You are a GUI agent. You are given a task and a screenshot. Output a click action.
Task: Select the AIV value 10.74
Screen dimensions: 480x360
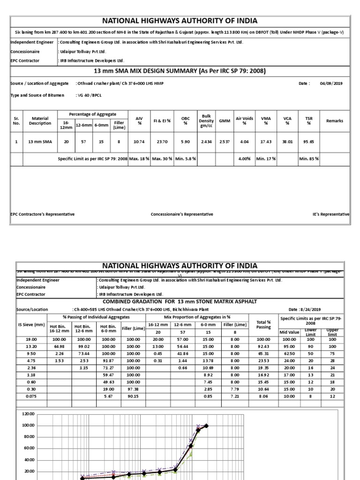[x=139, y=141]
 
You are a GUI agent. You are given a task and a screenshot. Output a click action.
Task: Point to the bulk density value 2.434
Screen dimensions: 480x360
[x=206, y=141]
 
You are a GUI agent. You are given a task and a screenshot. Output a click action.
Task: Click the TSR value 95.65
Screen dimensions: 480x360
[x=309, y=141]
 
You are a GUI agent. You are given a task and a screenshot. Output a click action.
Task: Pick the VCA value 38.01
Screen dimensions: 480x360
[x=287, y=141]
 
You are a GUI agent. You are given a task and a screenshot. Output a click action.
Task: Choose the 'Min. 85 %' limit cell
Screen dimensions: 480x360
[x=309, y=159]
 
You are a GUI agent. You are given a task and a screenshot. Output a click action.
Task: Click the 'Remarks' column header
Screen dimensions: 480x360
[x=334, y=121]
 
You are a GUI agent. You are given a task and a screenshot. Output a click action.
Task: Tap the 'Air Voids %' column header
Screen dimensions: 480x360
[x=244, y=121]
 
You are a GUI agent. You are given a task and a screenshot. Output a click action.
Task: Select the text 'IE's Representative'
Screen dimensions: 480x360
[x=331, y=214]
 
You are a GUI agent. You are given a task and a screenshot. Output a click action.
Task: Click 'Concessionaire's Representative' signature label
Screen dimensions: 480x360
[x=182, y=214]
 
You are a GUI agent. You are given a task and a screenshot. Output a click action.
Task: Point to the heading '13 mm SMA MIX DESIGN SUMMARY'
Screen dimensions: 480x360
[x=180, y=71]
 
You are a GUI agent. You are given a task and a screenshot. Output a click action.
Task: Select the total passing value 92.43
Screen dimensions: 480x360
[x=263, y=346]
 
